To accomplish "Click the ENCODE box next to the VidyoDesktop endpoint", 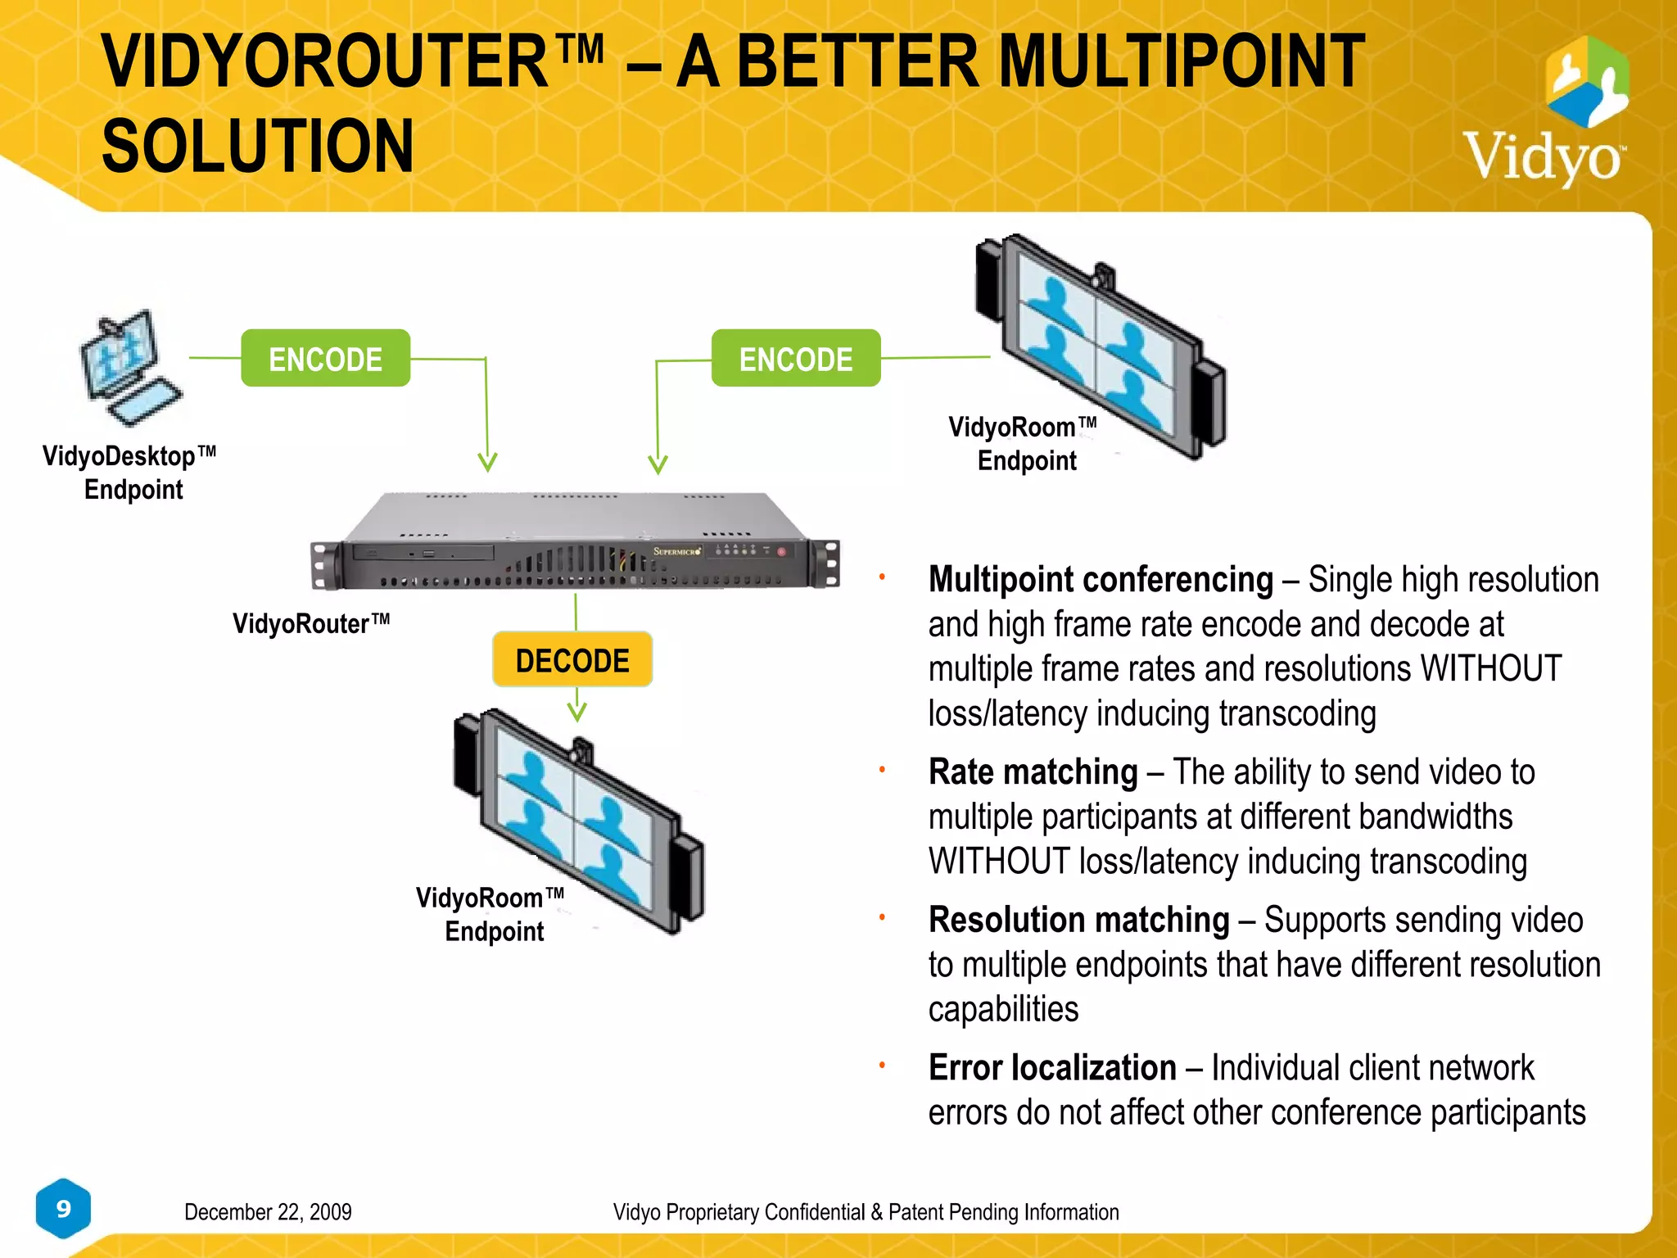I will [x=325, y=359].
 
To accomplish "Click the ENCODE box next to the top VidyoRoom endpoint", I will [x=795, y=359].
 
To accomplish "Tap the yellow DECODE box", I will [x=572, y=660].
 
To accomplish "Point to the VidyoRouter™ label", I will [x=311, y=624].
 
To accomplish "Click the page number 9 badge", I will [x=63, y=1209].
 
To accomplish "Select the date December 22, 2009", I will [x=268, y=1212].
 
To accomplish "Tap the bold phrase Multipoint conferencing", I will [x=1101, y=580].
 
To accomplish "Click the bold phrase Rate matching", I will [x=1033, y=772].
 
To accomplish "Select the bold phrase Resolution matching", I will [x=1078, y=921].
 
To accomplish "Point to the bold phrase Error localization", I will [x=1052, y=1068].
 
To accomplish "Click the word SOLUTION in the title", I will [x=258, y=147].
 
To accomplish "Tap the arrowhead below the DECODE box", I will [x=577, y=711].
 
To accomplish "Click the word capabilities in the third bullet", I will [x=1003, y=1010].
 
